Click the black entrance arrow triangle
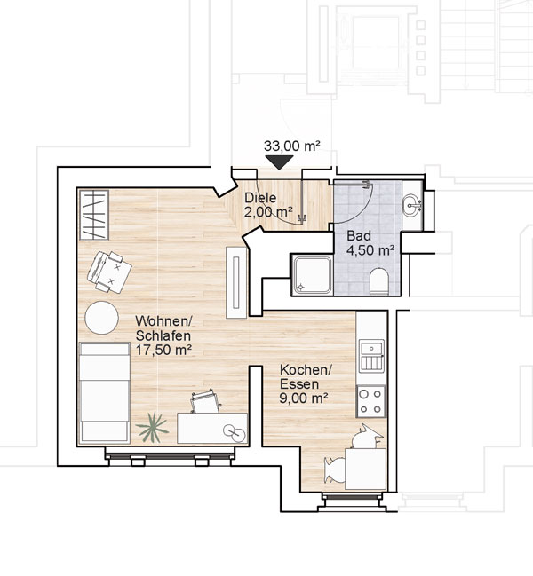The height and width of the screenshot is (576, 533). (x=279, y=162)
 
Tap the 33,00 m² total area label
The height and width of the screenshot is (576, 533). (x=292, y=146)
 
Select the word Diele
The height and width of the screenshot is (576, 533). (x=260, y=198)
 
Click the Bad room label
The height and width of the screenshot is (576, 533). (x=359, y=235)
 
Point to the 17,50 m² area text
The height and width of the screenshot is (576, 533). (x=163, y=350)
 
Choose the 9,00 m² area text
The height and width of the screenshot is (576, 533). (x=304, y=398)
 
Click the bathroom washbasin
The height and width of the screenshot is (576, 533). (x=412, y=206)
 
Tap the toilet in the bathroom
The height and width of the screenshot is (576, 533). (x=379, y=281)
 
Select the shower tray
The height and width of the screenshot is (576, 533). (x=313, y=275)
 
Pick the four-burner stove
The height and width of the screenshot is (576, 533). (x=370, y=401)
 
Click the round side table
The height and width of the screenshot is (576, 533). (x=101, y=318)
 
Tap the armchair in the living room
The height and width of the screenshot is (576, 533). (x=109, y=272)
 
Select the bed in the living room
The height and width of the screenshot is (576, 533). (x=105, y=393)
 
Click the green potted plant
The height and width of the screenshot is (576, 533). (x=152, y=427)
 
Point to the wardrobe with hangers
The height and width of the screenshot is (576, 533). (x=94, y=216)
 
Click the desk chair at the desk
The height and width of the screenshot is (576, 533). (x=205, y=401)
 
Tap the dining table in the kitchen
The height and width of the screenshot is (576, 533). (x=366, y=469)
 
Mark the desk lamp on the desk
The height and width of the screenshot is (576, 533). (x=235, y=433)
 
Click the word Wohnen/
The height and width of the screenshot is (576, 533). (x=164, y=320)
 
